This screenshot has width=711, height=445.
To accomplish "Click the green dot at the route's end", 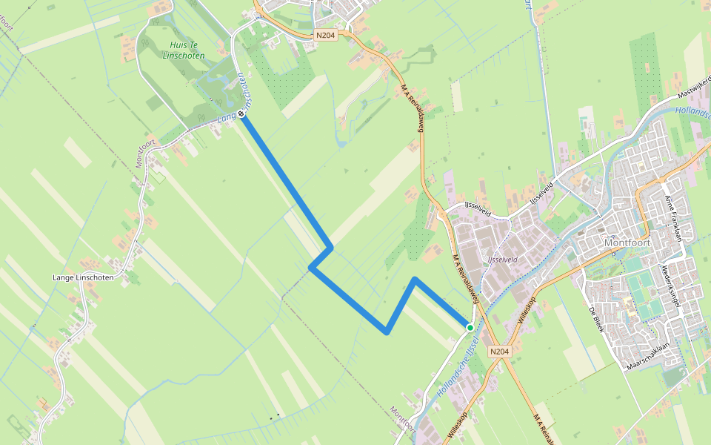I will point(470,327).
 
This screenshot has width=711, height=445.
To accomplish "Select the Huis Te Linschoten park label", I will point(181,50).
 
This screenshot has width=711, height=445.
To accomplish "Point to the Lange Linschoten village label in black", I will point(83,277).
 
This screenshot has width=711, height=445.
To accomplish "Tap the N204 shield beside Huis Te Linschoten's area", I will point(324,35).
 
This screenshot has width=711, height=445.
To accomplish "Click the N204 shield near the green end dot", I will point(500,352).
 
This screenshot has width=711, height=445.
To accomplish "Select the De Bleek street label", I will point(597,320).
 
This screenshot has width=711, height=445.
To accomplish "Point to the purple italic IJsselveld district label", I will point(503,260).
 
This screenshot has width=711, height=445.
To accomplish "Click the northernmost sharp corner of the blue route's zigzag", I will point(330,246).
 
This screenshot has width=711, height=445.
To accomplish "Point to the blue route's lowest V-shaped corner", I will point(387,332).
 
